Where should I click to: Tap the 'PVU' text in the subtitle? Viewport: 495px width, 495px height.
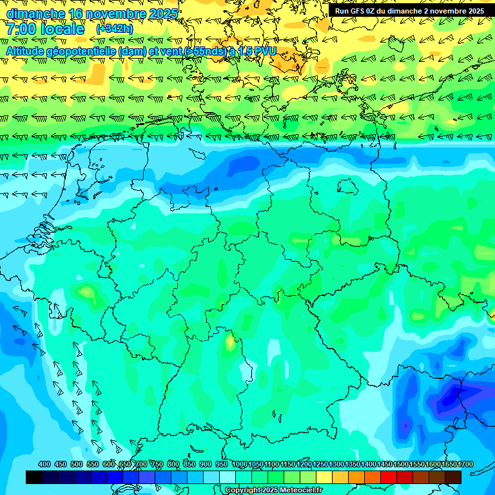(264, 50)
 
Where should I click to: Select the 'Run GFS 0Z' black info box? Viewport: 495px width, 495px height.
(409, 11)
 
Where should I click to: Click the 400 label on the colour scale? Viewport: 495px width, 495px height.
(44, 464)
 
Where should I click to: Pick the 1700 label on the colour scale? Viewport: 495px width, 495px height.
(447, 464)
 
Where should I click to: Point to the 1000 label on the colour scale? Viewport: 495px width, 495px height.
(240, 464)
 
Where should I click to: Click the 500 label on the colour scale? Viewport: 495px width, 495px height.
(77, 464)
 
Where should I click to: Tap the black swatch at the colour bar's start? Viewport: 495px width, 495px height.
(34, 477)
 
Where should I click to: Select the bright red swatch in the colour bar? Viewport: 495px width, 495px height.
(389, 477)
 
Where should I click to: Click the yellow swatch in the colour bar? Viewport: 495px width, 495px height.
(324, 477)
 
